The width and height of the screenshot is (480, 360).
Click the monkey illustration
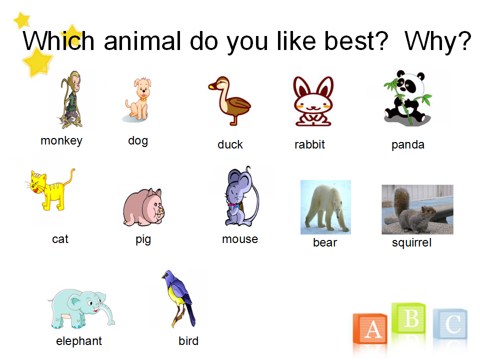[x=71, y=99]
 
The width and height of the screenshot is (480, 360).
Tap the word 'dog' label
[x=138, y=141]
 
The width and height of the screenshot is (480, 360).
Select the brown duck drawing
[x=229, y=100]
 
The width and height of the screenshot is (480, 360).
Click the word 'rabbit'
[x=309, y=144]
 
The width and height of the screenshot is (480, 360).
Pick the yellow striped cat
[x=50, y=189]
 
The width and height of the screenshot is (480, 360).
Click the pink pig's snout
[x=160, y=211]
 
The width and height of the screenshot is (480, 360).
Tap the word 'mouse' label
[x=240, y=239]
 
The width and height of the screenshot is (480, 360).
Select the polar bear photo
[x=325, y=207]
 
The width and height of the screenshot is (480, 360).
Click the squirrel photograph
[x=417, y=209]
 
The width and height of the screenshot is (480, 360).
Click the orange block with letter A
[x=370, y=329]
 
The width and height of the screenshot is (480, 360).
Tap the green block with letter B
[x=408, y=318]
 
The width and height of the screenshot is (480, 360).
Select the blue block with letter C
[x=450, y=324]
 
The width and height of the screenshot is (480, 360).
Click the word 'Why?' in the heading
[x=438, y=41]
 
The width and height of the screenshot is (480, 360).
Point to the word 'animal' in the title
[x=142, y=41]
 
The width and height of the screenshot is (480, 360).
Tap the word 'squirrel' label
[x=411, y=243]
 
